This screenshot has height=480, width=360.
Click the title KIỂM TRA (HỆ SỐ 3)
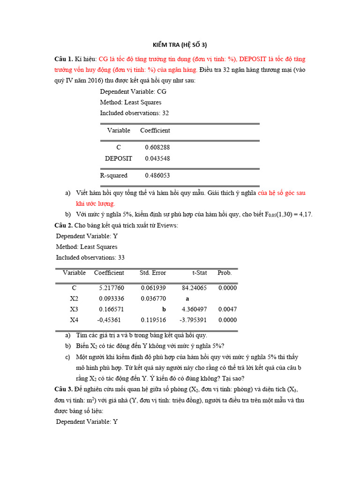[x=180, y=45]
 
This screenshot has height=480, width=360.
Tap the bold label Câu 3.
[x=63, y=389]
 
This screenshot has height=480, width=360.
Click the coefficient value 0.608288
[x=157, y=147]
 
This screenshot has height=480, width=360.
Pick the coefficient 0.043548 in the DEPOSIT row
[x=157, y=158]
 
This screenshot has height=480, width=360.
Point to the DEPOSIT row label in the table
[x=119, y=158]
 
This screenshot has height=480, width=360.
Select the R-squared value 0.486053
[x=157, y=176]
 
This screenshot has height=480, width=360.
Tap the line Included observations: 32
[x=134, y=113]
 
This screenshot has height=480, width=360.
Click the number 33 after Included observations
[x=121, y=257]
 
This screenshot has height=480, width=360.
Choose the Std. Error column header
[x=153, y=272]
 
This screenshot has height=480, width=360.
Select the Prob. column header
[x=225, y=272]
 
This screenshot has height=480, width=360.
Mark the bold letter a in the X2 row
[x=187, y=299]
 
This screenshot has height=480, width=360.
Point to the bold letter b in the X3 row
[x=164, y=309]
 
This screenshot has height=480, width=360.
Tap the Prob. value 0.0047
[x=227, y=309]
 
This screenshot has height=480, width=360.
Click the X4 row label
[x=74, y=320]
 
